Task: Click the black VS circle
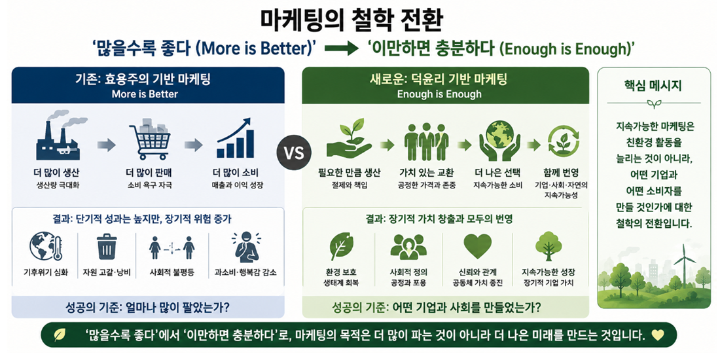tap(293, 153)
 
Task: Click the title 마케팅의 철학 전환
tap(359, 21)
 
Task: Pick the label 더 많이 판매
tap(148, 173)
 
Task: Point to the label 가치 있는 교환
tap(427, 173)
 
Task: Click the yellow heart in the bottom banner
tap(657, 335)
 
